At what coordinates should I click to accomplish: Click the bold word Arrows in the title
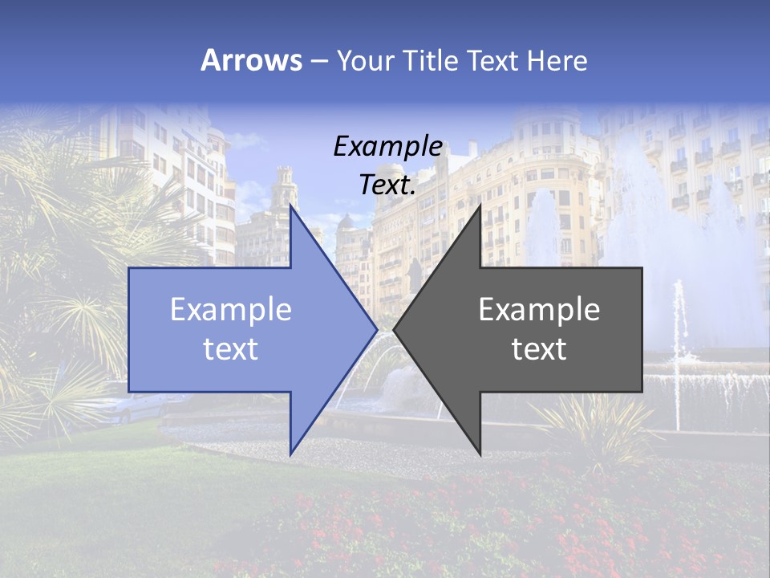tap(251, 60)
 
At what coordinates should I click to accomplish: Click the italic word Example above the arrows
tap(388, 147)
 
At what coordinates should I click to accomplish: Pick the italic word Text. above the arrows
tap(388, 185)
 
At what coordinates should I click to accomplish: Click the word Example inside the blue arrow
tap(231, 310)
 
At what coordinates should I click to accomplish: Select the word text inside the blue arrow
tap(231, 349)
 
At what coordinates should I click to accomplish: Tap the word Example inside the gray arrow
tap(539, 310)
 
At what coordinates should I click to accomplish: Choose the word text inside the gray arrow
tap(539, 349)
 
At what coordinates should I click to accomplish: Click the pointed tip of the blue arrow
tap(377, 329)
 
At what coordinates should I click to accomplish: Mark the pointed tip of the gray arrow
tap(394, 329)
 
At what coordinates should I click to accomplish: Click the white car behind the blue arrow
tap(128, 409)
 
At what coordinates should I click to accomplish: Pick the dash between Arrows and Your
tap(318, 61)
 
